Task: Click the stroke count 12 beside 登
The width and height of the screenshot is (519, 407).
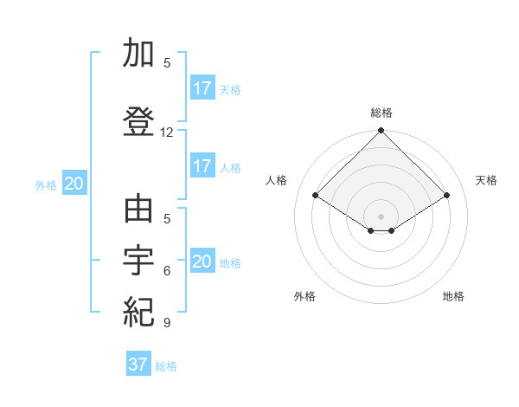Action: [x=167, y=132]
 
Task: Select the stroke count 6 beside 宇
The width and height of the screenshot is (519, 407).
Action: [x=167, y=271]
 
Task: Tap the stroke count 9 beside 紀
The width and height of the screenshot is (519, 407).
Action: [x=167, y=323]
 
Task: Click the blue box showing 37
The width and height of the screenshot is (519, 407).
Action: [x=138, y=365]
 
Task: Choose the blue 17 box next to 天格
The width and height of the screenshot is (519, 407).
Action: [x=202, y=87]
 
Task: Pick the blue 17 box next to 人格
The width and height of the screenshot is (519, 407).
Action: [x=202, y=166]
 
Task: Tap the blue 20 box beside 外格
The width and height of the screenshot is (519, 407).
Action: [x=74, y=184]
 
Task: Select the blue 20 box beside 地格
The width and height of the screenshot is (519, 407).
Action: [x=202, y=262]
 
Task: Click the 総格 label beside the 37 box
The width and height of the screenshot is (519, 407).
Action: [x=166, y=366]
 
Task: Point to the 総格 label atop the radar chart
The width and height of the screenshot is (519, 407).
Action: [x=381, y=113]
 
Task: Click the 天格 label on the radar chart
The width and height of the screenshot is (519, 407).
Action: [x=487, y=180]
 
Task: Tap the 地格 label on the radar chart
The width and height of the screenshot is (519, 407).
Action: [x=453, y=296]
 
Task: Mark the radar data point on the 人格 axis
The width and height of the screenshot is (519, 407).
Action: [x=316, y=196]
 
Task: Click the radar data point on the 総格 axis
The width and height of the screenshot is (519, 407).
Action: [x=381, y=132]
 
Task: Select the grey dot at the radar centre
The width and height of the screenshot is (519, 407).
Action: [x=381, y=216]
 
